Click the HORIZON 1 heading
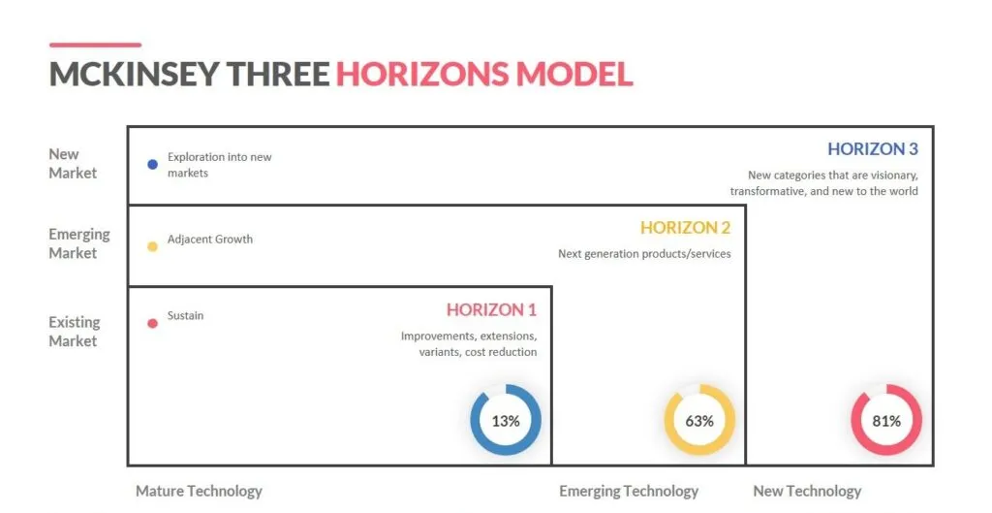click(491, 310)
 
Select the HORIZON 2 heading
click(685, 228)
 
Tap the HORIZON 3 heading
click(872, 149)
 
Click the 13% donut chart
click(506, 421)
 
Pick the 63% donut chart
click(699, 421)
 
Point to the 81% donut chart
click(886, 421)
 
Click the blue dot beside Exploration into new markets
click(152, 165)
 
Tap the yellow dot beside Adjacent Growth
click(152, 246)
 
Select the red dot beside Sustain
click(152, 323)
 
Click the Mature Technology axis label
click(199, 491)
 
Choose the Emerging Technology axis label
click(629, 491)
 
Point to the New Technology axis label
click(807, 491)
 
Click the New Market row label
click(73, 163)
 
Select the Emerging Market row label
click(79, 243)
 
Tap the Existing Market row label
click(75, 331)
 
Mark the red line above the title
click(95, 45)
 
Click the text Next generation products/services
click(644, 254)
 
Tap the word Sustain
click(185, 315)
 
